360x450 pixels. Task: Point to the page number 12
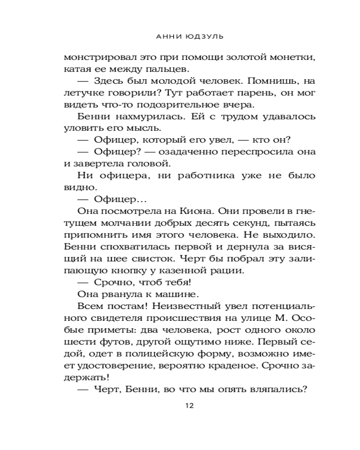click(x=189, y=406)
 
